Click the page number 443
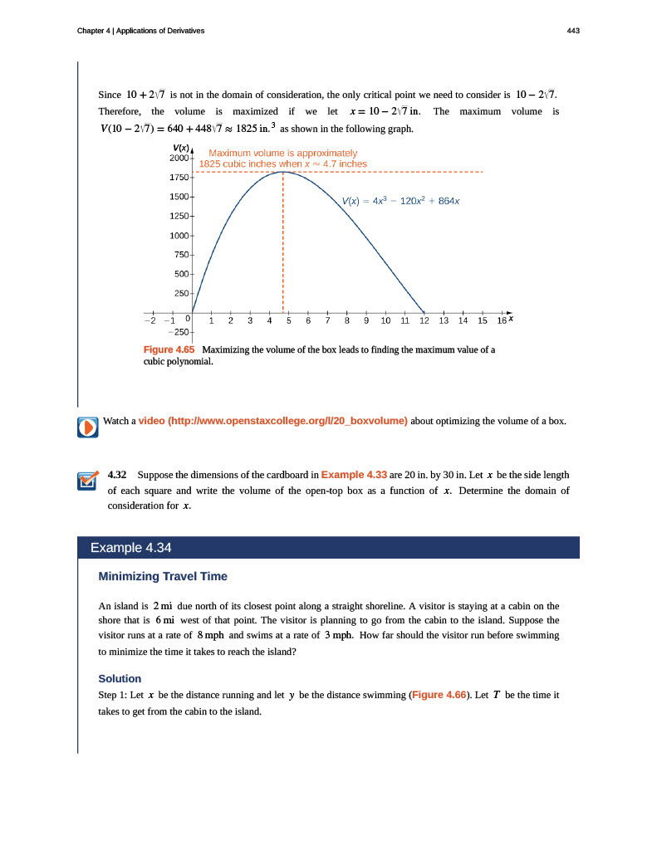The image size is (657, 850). pos(573,31)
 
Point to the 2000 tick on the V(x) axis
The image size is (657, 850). pos(179,158)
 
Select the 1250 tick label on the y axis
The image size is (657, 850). pos(179,216)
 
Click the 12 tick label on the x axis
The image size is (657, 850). pos(424,320)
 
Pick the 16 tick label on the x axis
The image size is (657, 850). pos(502,320)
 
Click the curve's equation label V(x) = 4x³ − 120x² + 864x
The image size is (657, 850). pos(401,202)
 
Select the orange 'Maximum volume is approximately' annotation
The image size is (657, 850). pos(282,153)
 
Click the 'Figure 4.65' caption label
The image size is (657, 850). pos(169,350)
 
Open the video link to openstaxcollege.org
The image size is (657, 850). pos(272,421)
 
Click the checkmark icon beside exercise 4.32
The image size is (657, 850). pos(87,481)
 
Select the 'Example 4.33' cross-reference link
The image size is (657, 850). pos(353,475)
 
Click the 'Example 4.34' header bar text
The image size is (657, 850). pos(130,548)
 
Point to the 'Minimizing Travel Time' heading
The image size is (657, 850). pos(163,576)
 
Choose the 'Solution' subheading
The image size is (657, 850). pos(120,678)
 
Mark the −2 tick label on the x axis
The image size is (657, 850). pos(149,320)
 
